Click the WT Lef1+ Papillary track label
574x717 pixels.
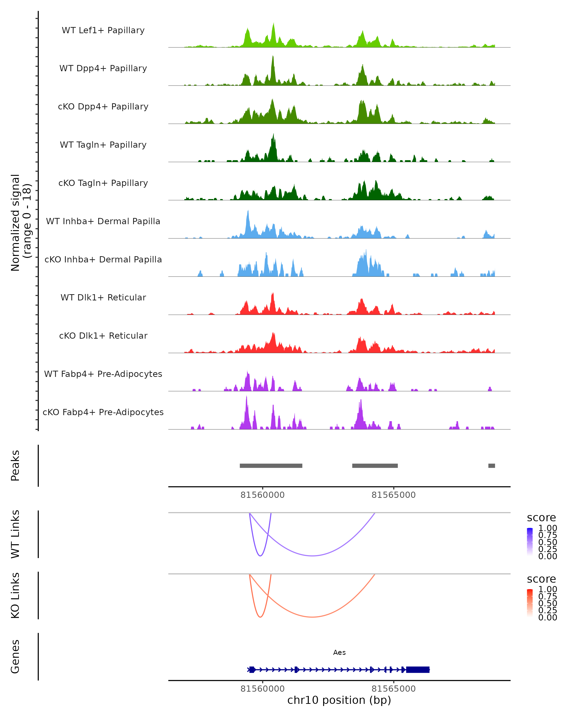click(103, 30)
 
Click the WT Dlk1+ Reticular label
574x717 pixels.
click(103, 297)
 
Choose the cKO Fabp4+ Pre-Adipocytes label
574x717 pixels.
click(103, 412)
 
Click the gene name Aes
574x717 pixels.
click(339, 652)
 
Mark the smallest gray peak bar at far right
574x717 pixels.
click(491, 466)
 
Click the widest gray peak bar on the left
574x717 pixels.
click(271, 466)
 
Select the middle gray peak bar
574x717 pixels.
click(375, 466)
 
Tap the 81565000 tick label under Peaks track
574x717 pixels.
click(393, 495)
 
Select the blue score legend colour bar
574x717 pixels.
click(530, 542)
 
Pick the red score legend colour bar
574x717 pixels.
click(530, 603)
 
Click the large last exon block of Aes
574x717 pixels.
click(418, 670)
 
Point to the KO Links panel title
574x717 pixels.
click(15, 595)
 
